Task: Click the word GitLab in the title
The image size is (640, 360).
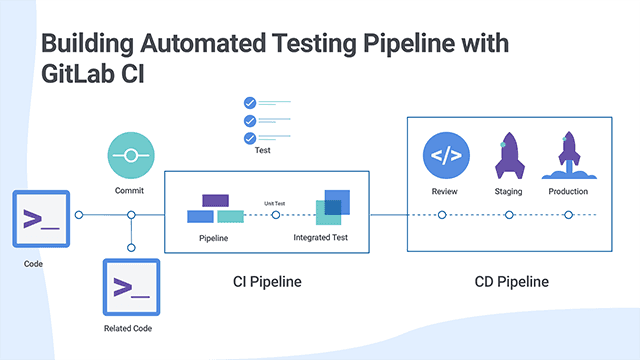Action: (79, 76)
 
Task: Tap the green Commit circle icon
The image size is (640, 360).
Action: (131, 156)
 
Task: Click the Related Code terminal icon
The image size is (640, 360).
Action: (131, 287)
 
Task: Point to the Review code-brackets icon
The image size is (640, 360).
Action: (445, 155)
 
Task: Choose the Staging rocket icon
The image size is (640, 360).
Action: (509, 157)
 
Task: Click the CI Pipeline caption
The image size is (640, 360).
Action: (260, 282)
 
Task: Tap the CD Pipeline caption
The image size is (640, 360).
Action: (511, 282)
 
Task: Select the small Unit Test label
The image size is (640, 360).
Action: (275, 203)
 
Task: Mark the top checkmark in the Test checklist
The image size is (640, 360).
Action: (250, 102)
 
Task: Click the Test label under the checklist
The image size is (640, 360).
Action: (262, 152)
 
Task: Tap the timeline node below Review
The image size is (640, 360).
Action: (442, 214)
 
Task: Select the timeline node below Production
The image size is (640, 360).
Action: (568, 214)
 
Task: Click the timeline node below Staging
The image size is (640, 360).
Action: (509, 214)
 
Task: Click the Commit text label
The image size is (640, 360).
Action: (130, 189)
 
